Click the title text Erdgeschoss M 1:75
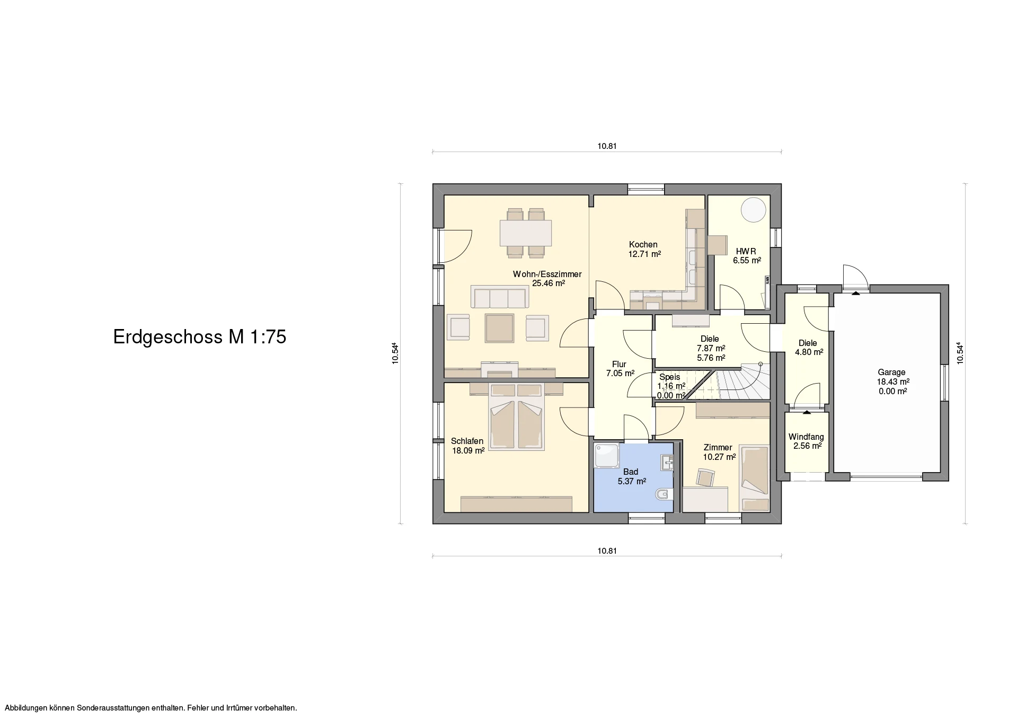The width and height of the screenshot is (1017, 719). click(200, 337)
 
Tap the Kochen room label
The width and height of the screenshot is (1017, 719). click(643, 244)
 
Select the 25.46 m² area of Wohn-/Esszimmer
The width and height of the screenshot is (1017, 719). click(549, 283)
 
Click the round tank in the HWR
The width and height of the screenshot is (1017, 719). click(753, 210)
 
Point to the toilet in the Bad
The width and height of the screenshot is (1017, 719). click(664, 494)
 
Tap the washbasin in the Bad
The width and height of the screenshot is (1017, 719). click(667, 463)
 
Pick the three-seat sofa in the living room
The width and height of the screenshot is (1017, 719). click(129, 297)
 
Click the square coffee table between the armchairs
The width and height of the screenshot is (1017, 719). click(129, 328)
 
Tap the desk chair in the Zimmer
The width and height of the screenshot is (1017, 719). click(705, 477)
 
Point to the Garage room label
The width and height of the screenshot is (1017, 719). click(891, 372)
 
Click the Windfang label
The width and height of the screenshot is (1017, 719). click(806, 437)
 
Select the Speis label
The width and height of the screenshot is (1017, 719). click(669, 377)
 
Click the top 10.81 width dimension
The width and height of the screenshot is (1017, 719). click(607, 146)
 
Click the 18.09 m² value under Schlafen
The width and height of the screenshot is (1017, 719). click(468, 451)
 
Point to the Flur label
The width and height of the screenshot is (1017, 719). click(619, 364)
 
